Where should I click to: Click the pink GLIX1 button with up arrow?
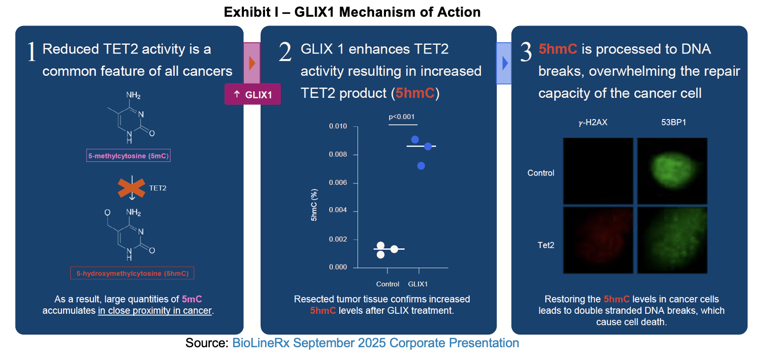pyautogui.click(x=252, y=94)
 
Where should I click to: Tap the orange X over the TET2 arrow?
pyautogui.click(x=131, y=188)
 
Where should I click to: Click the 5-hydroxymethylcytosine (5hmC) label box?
pyautogui.click(x=132, y=273)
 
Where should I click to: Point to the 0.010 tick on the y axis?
pyautogui.click(x=338, y=127)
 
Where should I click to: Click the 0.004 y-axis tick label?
pyautogui.click(x=338, y=211)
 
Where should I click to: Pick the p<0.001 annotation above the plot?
pyautogui.click(x=402, y=117)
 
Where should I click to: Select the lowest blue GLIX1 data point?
pyautogui.click(x=421, y=166)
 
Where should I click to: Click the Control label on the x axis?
pyautogui.click(x=387, y=284)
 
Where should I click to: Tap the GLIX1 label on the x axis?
pyautogui.click(x=418, y=284)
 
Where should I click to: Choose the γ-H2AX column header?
pyautogui.click(x=592, y=122)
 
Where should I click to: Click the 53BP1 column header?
pyautogui.click(x=673, y=122)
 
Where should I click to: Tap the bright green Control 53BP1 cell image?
pyautogui.click(x=672, y=171)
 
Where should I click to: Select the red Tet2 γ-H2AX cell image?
pyautogui.click(x=598, y=240)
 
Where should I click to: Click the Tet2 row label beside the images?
pyautogui.click(x=546, y=244)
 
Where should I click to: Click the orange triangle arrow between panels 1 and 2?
pyautogui.click(x=252, y=63)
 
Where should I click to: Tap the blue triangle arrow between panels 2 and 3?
pyautogui.click(x=504, y=63)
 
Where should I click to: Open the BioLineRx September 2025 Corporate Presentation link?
pyautogui.click(x=376, y=343)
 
